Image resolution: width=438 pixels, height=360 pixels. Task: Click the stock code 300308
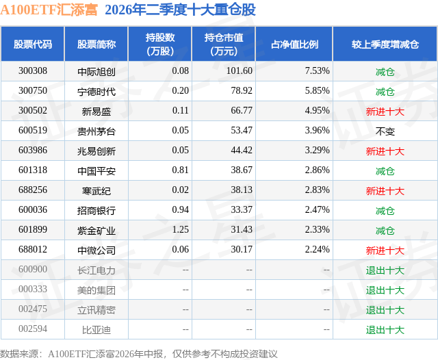33,71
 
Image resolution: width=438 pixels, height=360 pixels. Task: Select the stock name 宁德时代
96,91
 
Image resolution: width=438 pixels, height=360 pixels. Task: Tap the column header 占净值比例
294,44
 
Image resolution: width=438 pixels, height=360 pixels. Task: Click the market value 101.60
240,71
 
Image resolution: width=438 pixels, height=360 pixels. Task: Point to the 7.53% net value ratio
317,71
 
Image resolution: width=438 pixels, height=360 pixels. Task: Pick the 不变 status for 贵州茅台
385,131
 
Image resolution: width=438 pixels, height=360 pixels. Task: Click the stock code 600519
33,131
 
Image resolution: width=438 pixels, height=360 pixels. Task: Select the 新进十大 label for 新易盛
385,111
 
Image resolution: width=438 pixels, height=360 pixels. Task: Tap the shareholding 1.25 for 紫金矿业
181,229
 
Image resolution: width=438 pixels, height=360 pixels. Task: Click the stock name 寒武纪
96,190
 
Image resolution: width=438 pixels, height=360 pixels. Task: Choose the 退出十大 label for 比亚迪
385,330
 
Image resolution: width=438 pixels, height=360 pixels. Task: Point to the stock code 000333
33,289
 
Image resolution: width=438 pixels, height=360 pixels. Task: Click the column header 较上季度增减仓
385,44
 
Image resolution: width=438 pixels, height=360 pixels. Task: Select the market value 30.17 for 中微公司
242,249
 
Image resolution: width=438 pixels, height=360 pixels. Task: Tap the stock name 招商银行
96,210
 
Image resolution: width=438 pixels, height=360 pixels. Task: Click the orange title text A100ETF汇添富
49,10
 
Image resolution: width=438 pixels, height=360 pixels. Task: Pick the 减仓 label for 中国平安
385,170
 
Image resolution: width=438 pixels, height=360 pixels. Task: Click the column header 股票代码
33,44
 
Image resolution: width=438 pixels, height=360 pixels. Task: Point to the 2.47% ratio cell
317,209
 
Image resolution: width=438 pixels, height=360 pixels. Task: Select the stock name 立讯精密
96,310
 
